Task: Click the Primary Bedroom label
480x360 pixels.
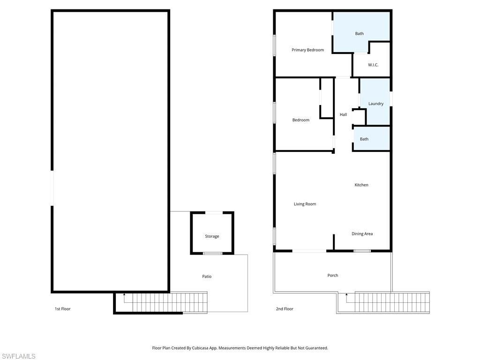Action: coord(307,50)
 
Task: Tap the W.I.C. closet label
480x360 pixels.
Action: coord(373,65)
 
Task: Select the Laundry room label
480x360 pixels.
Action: coord(376,104)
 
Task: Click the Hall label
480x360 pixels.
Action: coord(343,115)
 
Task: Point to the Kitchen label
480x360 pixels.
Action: coord(361,185)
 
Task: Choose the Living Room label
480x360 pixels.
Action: coord(305,204)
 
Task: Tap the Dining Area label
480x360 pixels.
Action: coord(362,234)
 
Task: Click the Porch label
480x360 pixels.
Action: coord(333,276)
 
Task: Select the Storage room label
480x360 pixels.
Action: coord(212,237)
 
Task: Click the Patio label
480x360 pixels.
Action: coord(207,277)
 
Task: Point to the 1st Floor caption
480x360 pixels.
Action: coord(63,309)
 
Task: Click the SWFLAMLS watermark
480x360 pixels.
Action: coord(18,357)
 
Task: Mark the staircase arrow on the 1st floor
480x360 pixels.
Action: coord(124,295)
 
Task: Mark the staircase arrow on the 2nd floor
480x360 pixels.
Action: coord(346,295)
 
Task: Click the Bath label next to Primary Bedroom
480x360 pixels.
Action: coord(359,34)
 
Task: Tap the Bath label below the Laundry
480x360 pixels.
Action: coord(364,139)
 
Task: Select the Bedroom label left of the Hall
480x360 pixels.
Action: coord(301,120)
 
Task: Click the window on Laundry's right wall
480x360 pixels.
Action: coord(391,99)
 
